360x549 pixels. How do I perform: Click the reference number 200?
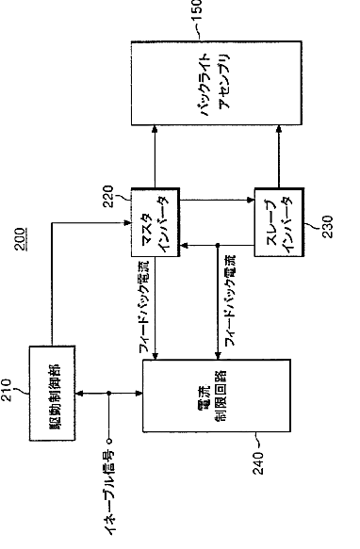[x=20, y=239]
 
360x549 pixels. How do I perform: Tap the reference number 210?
[x=7, y=390]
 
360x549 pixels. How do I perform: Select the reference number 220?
[x=108, y=197]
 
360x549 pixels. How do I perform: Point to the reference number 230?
[x=327, y=227]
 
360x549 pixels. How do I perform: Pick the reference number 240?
[x=258, y=463]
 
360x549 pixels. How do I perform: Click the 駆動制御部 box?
[x=52, y=393]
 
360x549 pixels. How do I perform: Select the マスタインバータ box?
[x=155, y=222]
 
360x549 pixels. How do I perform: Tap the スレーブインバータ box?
[x=279, y=222]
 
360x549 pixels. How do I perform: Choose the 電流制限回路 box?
[x=217, y=396]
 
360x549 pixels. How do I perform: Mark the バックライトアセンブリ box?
[x=217, y=83]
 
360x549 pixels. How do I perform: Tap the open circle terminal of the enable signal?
[x=109, y=441]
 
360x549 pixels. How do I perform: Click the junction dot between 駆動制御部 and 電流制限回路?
[x=109, y=394]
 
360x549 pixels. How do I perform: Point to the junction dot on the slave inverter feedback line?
[x=218, y=246]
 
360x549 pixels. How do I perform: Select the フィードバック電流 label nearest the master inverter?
[x=144, y=306]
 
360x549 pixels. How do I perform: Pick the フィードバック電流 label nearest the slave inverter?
[x=230, y=300]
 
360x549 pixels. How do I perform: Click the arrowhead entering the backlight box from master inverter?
[x=155, y=129]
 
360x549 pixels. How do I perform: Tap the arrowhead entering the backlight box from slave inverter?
[x=279, y=129]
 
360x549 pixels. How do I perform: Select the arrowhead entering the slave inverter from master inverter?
[x=251, y=200]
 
